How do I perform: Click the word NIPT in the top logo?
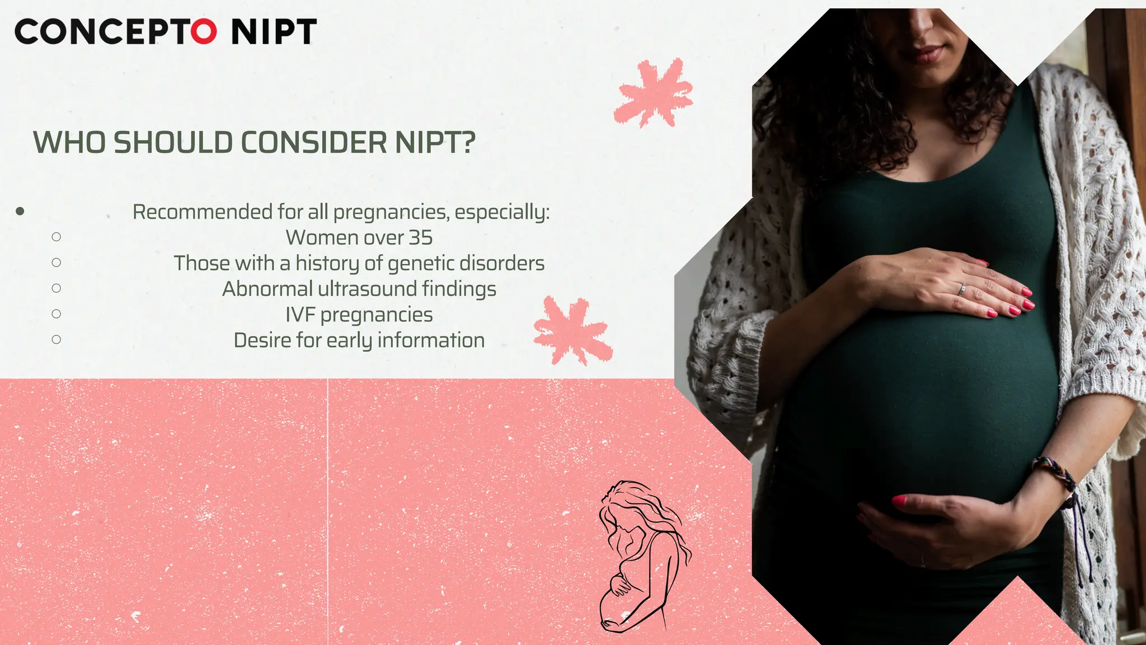click(274, 32)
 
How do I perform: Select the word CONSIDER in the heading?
click(314, 143)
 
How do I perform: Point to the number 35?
click(420, 238)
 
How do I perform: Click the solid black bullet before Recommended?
click(20, 212)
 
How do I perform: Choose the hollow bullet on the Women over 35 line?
click(56, 237)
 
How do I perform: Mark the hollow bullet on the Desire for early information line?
click(56, 340)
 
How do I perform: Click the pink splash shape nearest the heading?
click(653, 93)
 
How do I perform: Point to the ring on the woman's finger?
click(962, 289)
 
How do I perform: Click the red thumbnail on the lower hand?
click(900, 501)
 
